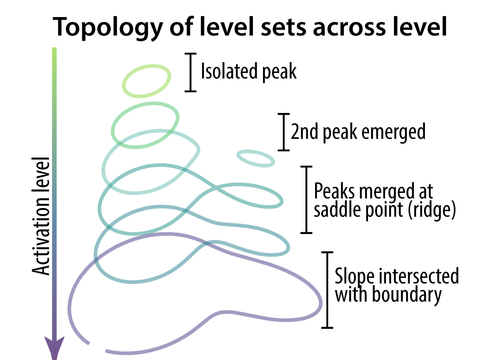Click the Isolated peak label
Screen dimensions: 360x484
[x=249, y=72]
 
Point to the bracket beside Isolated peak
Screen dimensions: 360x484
[x=190, y=72]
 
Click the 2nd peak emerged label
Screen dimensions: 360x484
[x=358, y=131]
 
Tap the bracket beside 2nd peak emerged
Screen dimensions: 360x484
[x=284, y=132]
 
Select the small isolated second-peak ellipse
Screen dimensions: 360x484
[x=256, y=158]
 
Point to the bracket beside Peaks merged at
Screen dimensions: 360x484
[x=307, y=199]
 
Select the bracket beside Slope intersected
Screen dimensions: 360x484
[x=327, y=290]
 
